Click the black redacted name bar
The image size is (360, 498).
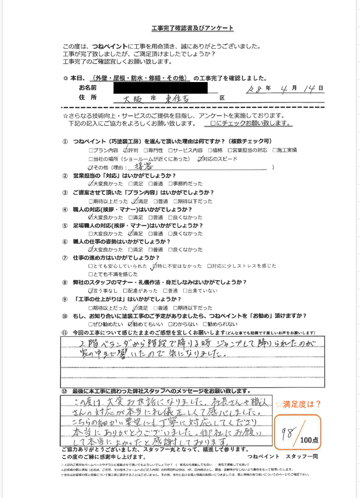click(x=160, y=88)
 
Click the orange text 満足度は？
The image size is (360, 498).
click(x=301, y=403)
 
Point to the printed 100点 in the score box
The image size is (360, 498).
click(x=309, y=441)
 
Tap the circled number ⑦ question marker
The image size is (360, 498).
click(x=65, y=257)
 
